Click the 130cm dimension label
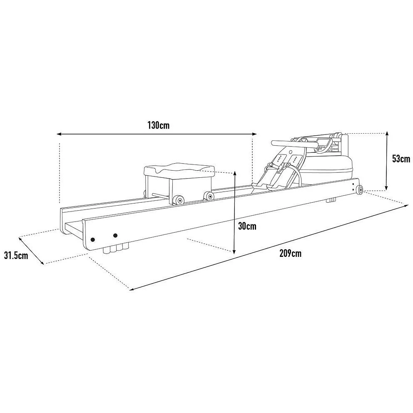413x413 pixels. pos(158,125)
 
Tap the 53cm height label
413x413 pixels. pos(401,159)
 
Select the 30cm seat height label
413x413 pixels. pos(247,226)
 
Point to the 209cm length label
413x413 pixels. pos(290,254)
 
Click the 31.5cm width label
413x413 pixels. pos(16,255)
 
